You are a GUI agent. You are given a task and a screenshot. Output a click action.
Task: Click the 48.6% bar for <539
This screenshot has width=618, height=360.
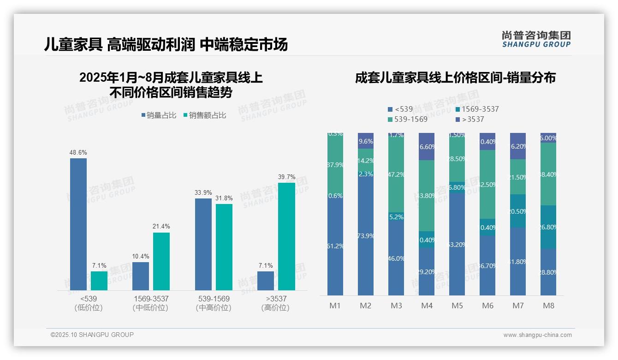coord(78,224)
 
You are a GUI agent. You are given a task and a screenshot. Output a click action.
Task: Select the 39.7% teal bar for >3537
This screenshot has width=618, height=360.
coord(286,236)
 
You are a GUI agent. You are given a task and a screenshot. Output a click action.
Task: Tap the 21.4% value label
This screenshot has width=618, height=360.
coord(161,226)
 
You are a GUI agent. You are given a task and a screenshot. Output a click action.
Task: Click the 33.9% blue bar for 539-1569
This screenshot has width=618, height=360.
coord(203,244)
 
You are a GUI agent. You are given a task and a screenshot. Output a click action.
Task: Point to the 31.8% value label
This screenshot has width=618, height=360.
coord(224,198)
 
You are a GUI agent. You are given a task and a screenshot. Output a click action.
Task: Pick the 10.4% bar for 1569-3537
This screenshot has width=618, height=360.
coord(141,276)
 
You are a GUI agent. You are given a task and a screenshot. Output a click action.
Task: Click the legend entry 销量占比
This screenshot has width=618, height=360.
coord(159,115)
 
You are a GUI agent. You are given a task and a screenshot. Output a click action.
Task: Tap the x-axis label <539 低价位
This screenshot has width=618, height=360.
coord(89,303)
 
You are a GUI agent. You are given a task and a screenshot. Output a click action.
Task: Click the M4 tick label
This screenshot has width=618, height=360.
coord(426,306)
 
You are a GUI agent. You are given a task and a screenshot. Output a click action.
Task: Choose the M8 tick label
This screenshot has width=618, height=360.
coord(548,306)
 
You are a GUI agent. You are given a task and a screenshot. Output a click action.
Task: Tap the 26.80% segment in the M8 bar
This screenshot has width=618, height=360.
coord(548,227)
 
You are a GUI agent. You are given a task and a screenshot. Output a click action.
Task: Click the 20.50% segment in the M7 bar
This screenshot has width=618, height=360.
coord(518,211)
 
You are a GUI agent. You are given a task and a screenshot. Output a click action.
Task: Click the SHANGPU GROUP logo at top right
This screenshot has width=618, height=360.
coord(536,39)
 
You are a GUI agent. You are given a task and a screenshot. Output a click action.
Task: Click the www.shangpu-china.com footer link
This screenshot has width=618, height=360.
coord(537,335)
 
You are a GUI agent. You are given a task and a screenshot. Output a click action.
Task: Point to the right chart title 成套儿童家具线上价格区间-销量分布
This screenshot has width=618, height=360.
coord(455,78)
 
